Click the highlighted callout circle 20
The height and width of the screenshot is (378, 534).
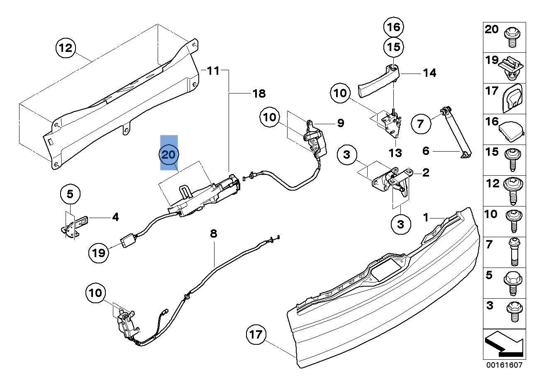pos(169,155)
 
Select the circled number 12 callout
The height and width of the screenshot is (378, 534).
pos(66,48)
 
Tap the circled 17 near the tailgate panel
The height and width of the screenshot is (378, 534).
pos(256,334)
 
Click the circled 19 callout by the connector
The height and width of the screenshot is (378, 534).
pos(99,252)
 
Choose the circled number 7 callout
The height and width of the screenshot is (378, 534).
pos(421,123)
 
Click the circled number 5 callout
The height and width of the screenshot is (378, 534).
pos(70,194)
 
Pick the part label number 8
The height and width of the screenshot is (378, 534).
pos(213,233)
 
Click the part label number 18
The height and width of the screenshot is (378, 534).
pos(258,93)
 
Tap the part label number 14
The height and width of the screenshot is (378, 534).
pos(429,73)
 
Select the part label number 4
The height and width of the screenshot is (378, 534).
pos(115,216)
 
